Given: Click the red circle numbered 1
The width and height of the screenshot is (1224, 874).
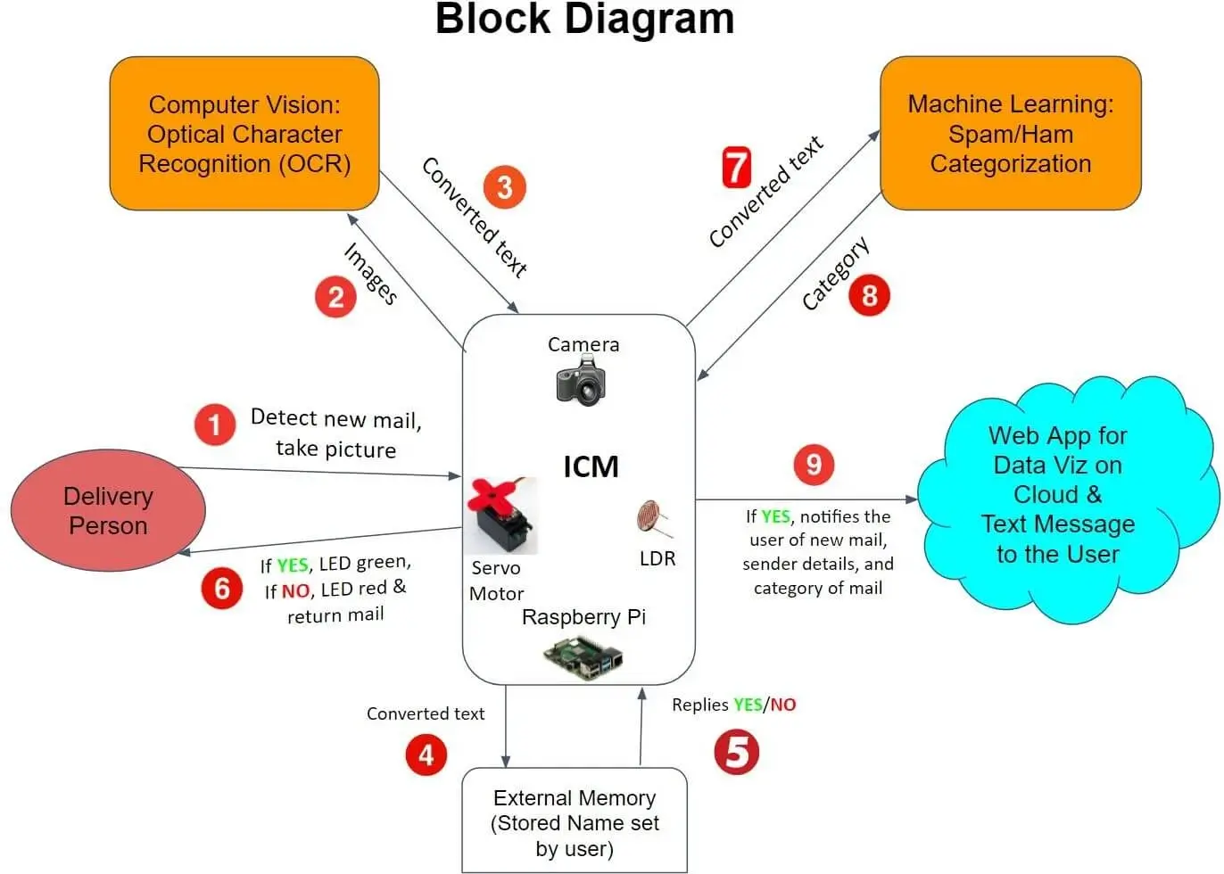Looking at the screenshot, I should click(x=215, y=425).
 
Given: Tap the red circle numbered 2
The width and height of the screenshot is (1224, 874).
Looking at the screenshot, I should click(x=335, y=296).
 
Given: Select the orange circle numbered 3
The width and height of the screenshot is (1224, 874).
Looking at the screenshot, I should click(x=505, y=187).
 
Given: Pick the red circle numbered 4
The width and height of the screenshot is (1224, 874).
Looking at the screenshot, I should click(x=426, y=754).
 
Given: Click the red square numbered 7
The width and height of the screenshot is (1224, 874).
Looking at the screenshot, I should click(x=737, y=168).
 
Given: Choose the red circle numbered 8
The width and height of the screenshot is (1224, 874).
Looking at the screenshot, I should click(x=870, y=295).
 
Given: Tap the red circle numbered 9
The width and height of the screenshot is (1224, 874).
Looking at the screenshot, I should click(x=814, y=465).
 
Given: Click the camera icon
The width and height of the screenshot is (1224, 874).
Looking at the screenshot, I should click(x=581, y=381).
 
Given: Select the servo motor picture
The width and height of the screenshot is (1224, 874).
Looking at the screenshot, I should click(x=500, y=515).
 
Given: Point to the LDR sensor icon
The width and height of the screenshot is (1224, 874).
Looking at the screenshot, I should click(x=654, y=520).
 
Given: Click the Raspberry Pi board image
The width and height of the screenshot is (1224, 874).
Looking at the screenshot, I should click(x=583, y=658).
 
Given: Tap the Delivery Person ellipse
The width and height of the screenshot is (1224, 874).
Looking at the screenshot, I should click(x=108, y=510).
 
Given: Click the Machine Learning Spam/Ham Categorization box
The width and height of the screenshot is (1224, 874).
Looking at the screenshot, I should click(x=1010, y=134).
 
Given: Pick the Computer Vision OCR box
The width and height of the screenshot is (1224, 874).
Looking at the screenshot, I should click(x=244, y=134).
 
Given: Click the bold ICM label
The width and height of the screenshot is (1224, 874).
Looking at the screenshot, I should click(x=591, y=466).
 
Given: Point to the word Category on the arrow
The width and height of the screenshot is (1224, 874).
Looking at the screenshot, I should click(x=835, y=274).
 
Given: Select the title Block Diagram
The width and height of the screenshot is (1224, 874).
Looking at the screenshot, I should click(x=584, y=20).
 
